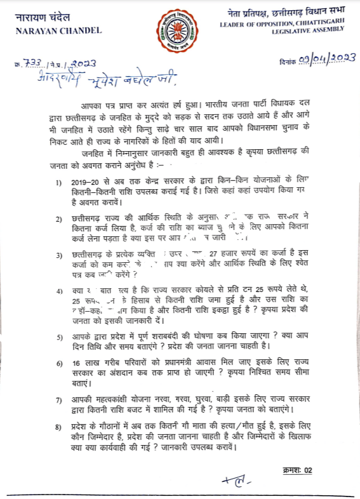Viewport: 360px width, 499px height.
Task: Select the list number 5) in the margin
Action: click(59, 336)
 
